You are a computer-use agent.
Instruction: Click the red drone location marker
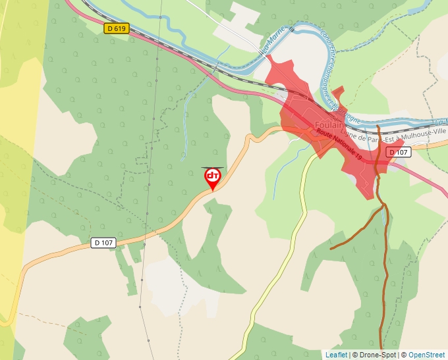point(212,177)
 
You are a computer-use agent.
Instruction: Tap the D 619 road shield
point(115,28)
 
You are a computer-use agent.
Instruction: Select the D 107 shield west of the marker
point(103,243)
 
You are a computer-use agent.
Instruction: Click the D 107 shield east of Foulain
point(399,152)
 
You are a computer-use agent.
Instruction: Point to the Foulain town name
point(329,125)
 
